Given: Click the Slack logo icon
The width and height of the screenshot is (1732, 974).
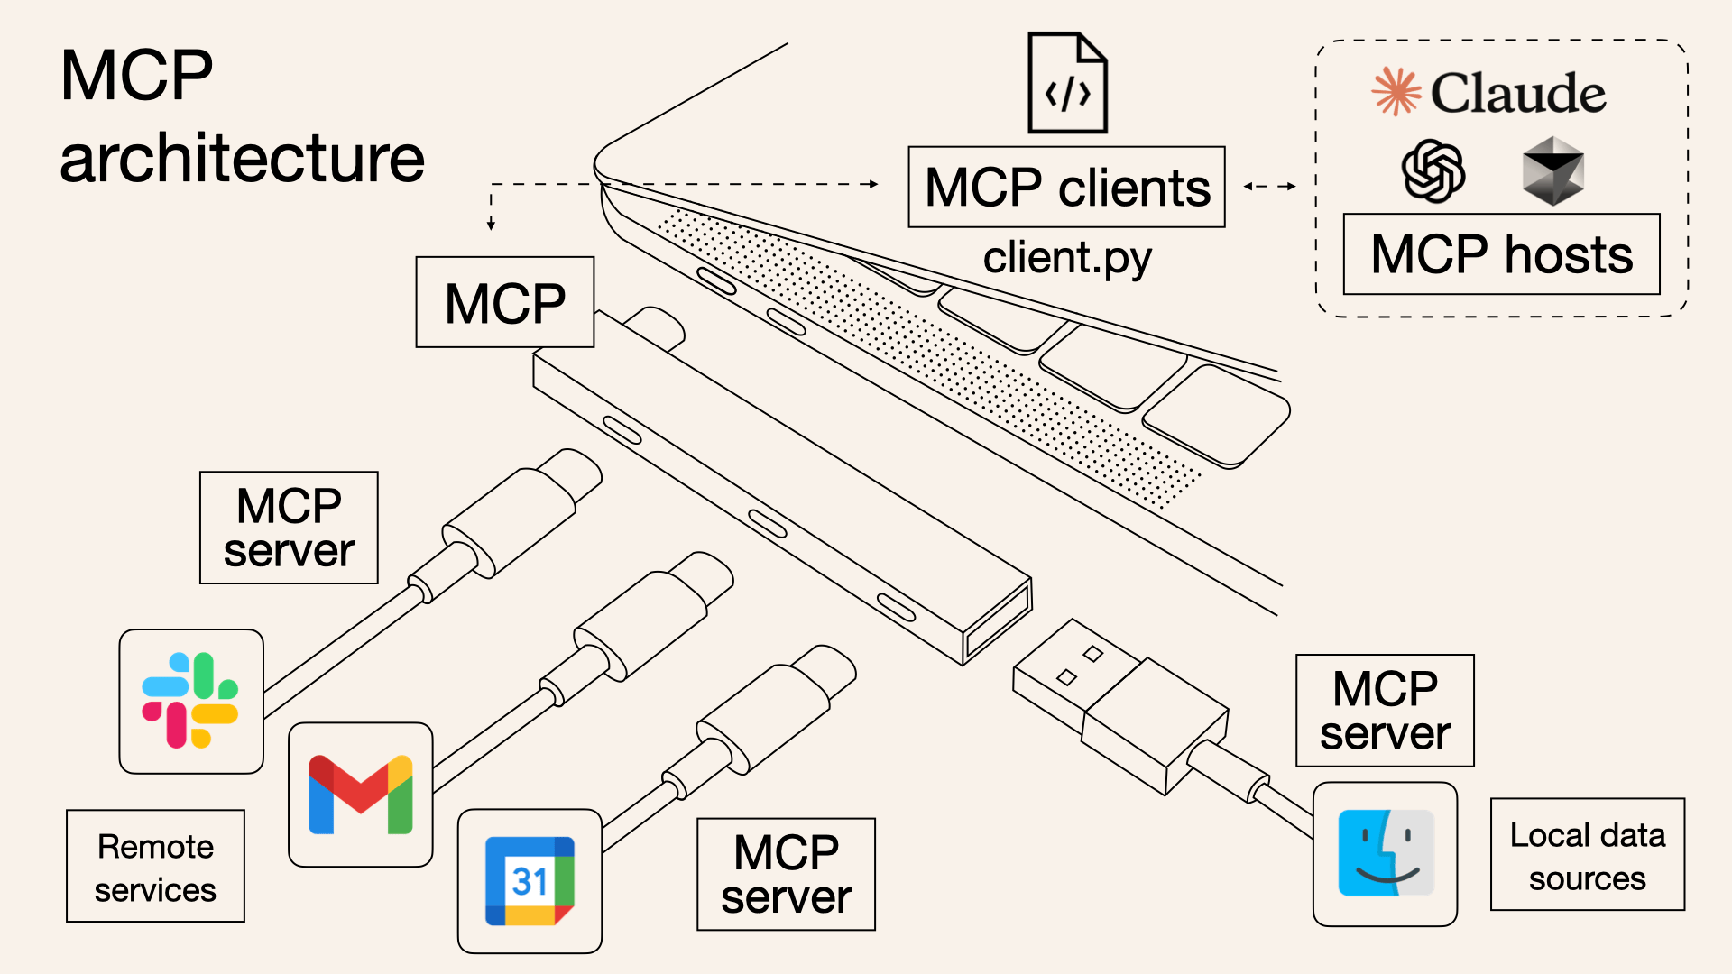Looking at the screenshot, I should click(190, 701).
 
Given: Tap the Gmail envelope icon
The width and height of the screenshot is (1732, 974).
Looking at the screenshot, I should click(360, 795).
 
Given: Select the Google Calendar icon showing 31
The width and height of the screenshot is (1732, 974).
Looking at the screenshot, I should click(530, 881).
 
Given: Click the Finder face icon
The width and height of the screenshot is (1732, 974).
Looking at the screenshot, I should click(1385, 853).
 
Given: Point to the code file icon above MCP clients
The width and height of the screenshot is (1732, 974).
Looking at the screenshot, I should click(1067, 83).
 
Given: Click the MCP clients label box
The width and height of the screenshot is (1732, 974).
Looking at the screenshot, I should click(1066, 188).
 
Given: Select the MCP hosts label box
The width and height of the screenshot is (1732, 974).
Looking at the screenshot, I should click(1501, 254).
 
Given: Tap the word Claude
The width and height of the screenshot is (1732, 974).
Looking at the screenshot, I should click(1518, 93).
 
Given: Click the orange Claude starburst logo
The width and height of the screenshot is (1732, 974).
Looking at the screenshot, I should click(1396, 92).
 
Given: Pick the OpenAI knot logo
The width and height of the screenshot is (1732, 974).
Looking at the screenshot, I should click(1433, 170).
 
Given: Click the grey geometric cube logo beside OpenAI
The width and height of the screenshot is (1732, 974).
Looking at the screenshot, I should click(1552, 170).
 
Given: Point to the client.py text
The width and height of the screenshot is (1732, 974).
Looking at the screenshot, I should click(1066, 259).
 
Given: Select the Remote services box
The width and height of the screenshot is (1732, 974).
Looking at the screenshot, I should click(155, 867).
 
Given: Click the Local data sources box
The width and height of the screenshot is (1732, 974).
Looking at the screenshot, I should click(1587, 855).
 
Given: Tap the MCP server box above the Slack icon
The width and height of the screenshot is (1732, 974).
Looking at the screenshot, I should click(289, 528).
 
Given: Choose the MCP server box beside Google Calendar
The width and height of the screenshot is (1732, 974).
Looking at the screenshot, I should click(786, 874).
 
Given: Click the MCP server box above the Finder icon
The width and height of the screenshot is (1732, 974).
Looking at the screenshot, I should click(1385, 711).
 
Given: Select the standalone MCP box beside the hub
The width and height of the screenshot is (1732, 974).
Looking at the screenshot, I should click(504, 302).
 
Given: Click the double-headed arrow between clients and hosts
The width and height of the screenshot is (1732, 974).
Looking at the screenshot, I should click(1269, 187).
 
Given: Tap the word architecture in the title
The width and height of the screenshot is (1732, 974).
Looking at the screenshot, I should click(242, 159).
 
